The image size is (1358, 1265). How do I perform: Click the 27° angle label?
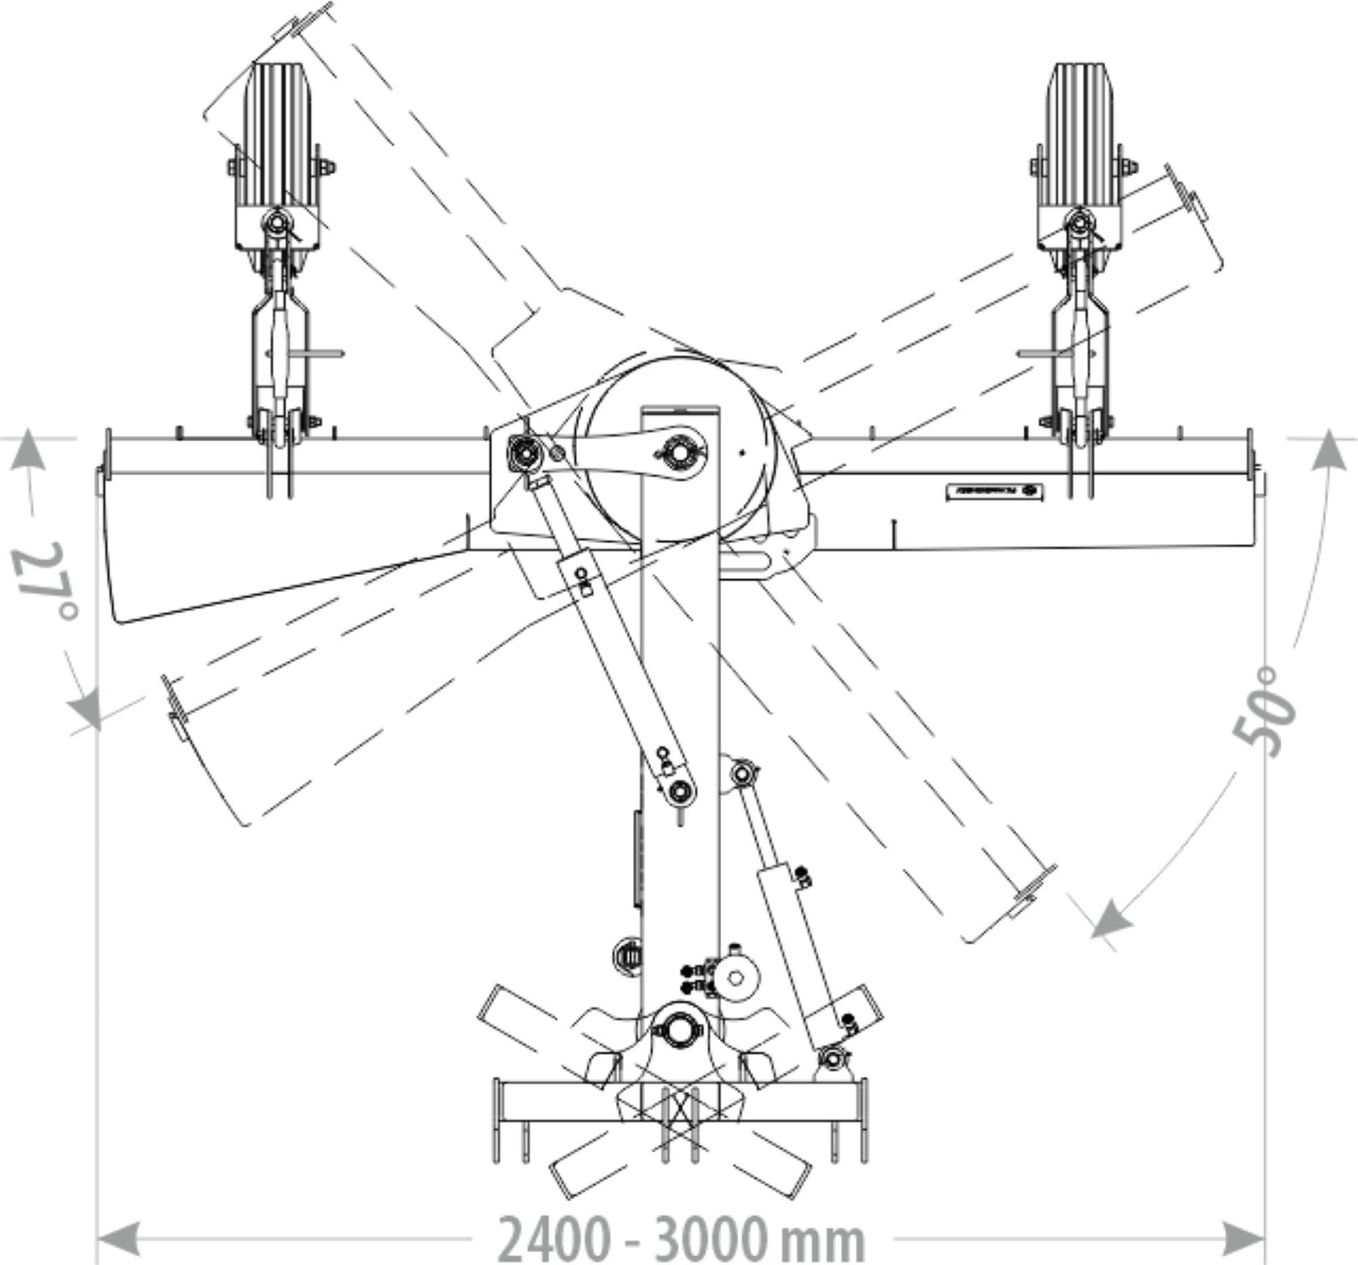pos(45,581)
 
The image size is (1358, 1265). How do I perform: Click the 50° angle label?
pos(1264,712)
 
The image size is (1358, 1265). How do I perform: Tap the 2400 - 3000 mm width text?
pos(681,1237)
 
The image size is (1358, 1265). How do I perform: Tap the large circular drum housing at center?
pos(678,451)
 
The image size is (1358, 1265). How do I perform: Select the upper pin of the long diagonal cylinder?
pos(524,450)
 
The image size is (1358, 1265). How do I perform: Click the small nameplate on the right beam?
pos(994,492)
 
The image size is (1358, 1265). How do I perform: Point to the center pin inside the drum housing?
pos(678,451)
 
